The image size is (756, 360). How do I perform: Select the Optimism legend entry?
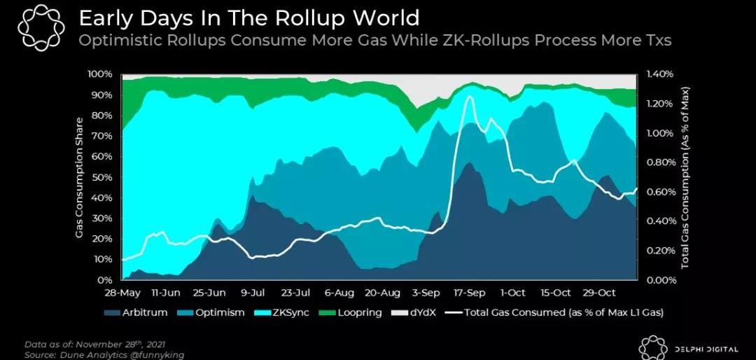click(216, 312)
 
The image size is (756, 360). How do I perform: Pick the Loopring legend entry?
click(360, 312)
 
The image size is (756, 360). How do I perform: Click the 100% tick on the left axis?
click(99, 74)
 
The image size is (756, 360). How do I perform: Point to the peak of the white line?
click(469, 97)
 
